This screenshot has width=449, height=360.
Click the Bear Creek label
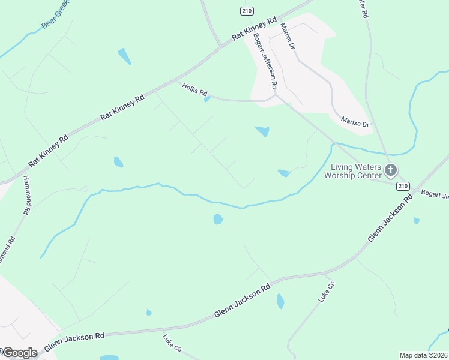click(55, 17)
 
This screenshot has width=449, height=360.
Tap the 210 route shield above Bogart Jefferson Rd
click(246, 11)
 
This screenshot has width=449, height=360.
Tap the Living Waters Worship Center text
click(353, 171)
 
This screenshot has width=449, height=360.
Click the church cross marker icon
click(391, 170)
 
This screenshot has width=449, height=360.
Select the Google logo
click(19, 353)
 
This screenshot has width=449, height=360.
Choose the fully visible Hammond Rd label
click(26, 195)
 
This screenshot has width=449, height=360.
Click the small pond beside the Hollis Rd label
click(207, 99)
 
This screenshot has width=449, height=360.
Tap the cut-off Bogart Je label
click(435, 194)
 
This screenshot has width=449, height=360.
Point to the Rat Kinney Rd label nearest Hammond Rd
click(49, 151)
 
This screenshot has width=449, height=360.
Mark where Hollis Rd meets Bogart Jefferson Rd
click(275, 95)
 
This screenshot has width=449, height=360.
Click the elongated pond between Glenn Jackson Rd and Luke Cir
click(280, 301)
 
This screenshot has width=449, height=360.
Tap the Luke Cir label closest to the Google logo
click(172, 347)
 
